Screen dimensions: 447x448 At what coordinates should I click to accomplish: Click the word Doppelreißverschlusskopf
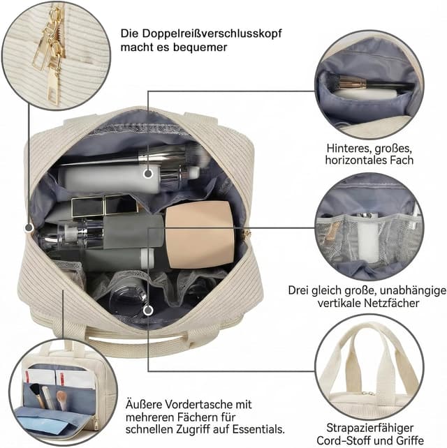coord(212,33)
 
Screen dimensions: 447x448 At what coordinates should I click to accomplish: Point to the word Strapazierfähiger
coord(369,428)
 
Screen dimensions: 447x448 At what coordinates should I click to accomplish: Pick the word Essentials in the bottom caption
coord(258,429)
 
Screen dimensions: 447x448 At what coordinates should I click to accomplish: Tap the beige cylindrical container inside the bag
coord(200,234)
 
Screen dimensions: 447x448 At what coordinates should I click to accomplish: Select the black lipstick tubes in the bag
coord(104,205)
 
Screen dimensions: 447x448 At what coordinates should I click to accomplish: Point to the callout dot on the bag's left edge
coord(29,227)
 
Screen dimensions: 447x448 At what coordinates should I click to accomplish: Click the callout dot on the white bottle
coord(148,173)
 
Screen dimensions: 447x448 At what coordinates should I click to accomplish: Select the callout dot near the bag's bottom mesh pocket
coord(148,310)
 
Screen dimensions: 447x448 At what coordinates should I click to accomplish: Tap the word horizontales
coord(354,160)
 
